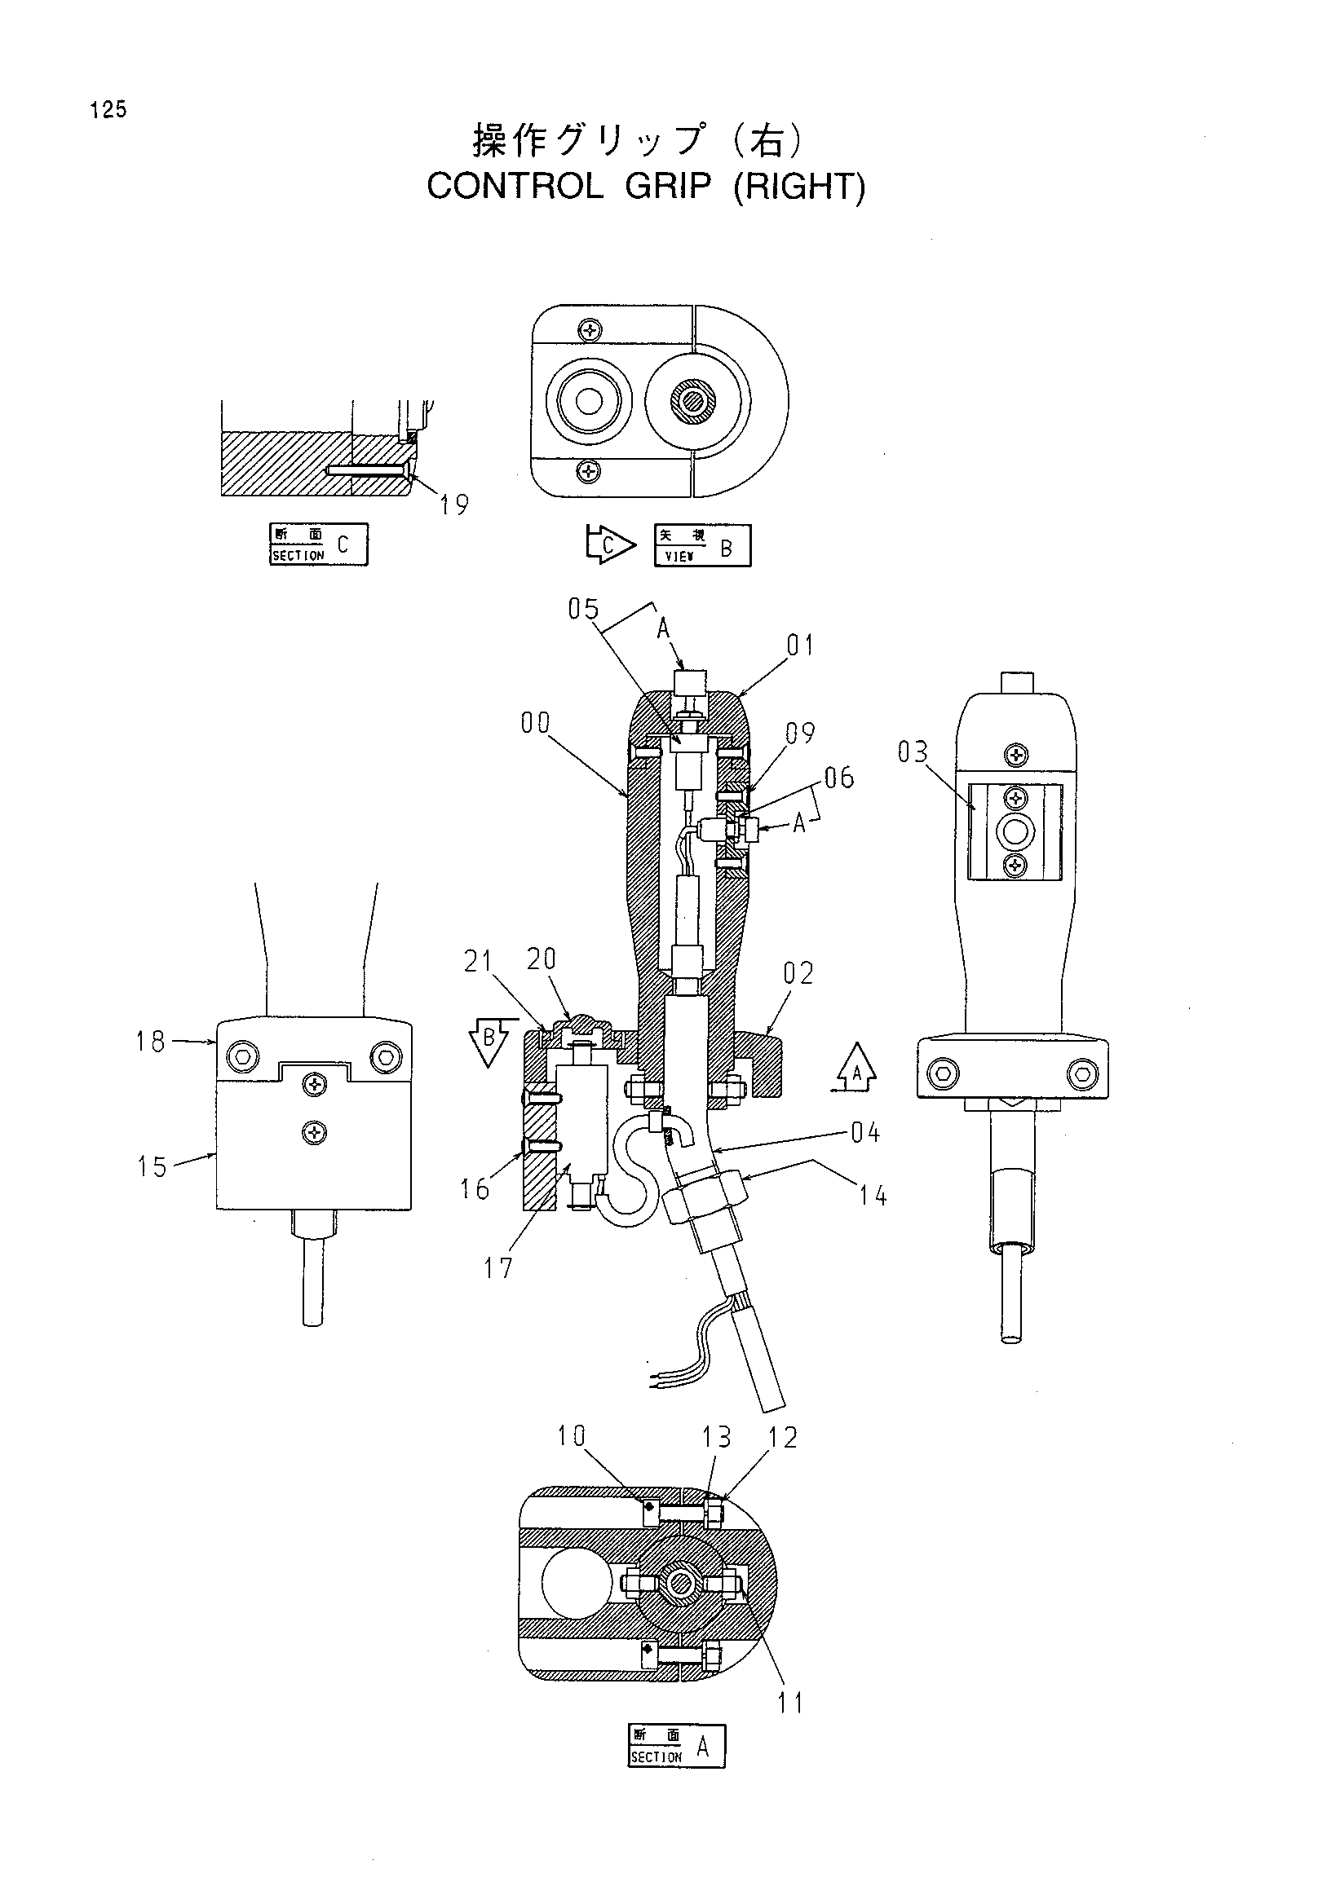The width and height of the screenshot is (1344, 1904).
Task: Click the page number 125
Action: (109, 109)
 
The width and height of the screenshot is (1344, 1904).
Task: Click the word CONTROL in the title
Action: (515, 186)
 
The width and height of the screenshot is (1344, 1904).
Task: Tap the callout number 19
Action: (454, 505)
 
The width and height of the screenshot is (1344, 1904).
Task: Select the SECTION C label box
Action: (319, 544)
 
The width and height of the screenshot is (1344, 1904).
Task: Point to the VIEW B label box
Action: (703, 545)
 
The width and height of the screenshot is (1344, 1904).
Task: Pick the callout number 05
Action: (583, 610)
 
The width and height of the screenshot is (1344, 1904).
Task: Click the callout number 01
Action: (800, 646)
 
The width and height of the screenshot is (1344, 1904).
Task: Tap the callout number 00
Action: (535, 723)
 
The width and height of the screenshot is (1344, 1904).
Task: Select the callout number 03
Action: (913, 752)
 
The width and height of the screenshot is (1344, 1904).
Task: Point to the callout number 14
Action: (873, 1196)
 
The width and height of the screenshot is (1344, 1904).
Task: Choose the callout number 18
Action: (151, 1042)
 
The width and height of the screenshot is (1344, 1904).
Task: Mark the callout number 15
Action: (153, 1167)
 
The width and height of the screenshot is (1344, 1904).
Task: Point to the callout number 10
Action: (571, 1435)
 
